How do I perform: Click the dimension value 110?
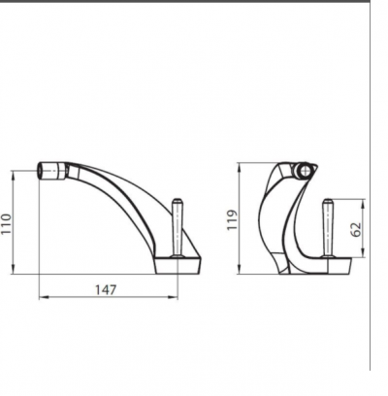[x=6, y=224]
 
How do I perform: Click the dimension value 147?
[x=106, y=289]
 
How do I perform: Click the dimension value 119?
[x=232, y=220]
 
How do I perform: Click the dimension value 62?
[x=356, y=229]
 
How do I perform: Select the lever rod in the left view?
[x=178, y=227]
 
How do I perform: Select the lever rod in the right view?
[x=328, y=228]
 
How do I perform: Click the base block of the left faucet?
[x=178, y=265]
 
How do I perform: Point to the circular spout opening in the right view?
[x=305, y=170]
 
